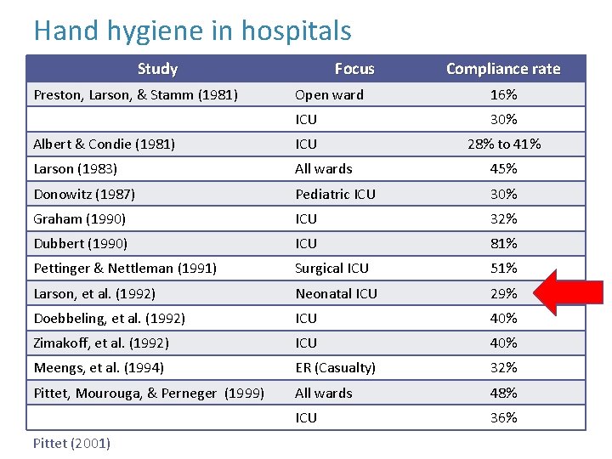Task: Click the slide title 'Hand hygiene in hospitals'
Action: point(192,31)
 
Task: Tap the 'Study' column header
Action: point(157,69)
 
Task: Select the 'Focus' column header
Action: point(354,69)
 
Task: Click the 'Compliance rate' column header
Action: point(503,69)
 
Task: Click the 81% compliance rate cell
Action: point(503,243)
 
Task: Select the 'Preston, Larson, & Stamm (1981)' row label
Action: point(135,94)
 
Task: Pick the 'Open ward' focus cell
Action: point(329,94)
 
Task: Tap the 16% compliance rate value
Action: point(503,94)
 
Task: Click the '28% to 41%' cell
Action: point(503,144)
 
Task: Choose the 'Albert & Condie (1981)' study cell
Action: point(104,144)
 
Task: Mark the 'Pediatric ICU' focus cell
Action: point(335,194)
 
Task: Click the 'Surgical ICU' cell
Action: point(331,268)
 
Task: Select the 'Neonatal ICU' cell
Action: point(336,293)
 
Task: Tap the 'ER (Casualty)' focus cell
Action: point(335,367)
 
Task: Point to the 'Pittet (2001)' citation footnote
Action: point(71,443)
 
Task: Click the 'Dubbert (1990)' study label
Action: point(80,243)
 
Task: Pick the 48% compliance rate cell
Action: point(503,393)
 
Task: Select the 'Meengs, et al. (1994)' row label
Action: point(99,367)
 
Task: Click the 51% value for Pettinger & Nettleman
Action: point(503,268)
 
